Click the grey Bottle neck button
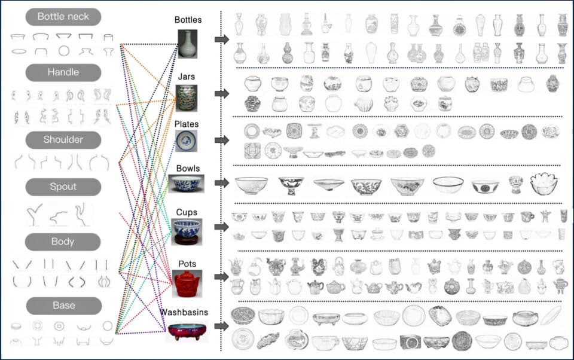[63, 17]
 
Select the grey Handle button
[63, 72]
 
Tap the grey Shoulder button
[63, 140]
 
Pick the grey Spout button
[63, 187]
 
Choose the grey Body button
[63, 242]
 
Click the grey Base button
[64, 306]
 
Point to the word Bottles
[188, 20]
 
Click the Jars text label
[187, 77]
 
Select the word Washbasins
[184, 312]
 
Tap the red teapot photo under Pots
[187, 283]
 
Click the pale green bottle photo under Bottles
[187, 44]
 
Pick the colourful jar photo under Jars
[187, 98]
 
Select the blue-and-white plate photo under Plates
[187, 141]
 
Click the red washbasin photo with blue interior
[187, 332]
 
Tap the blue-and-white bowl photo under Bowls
[187, 184]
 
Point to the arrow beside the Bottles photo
[222, 39]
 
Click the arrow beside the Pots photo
[221, 277]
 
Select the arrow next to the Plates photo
[222, 141]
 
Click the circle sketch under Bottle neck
[64, 51]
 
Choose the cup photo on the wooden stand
[187, 232]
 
